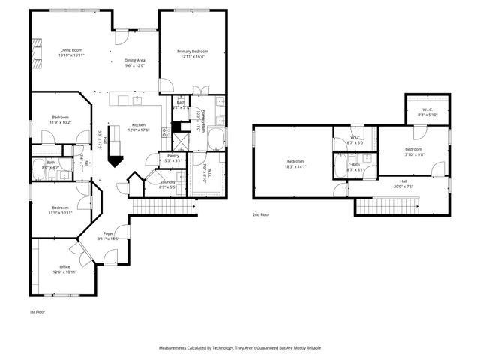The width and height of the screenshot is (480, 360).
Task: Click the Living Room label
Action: coord(71,50)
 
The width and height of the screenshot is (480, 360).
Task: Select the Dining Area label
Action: coord(134,60)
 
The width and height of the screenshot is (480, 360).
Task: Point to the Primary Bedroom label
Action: coord(192,51)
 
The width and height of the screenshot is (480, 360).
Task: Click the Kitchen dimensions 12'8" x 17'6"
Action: coord(139,130)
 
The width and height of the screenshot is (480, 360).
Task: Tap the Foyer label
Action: coord(108,234)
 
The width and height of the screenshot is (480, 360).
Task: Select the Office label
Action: coord(64,266)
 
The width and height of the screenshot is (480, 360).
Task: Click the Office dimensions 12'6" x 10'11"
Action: coord(64,271)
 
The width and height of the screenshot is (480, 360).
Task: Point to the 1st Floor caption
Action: coord(37,310)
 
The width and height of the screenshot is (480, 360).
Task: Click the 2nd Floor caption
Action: coord(262,214)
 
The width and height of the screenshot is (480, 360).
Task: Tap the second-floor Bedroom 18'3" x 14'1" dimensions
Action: coord(295,166)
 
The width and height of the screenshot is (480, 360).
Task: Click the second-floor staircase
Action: coord(385,205)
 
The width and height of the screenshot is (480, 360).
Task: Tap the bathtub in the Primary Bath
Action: coord(215,139)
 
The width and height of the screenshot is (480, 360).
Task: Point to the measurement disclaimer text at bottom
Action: coord(239,348)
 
